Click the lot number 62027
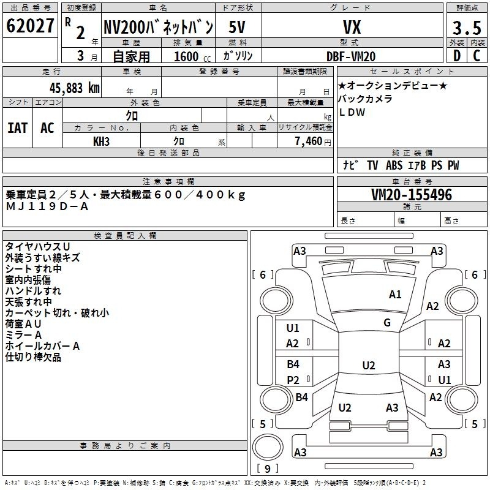click(30, 26)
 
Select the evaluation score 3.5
click(467, 28)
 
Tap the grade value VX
click(352, 27)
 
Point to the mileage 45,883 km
click(75, 88)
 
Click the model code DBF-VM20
click(351, 56)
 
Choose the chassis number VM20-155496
click(412, 195)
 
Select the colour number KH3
click(101, 141)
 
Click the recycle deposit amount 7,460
click(309, 141)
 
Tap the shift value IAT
click(18, 128)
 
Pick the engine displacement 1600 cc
click(192, 56)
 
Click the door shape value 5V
click(237, 27)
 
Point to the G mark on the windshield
click(387, 323)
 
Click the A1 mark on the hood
click(395, 295)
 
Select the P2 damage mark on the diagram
click(293, 380)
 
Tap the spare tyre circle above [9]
click(268, 447)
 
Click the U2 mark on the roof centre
click(369, 365)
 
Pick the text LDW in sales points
click(352, 112)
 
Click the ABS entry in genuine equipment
click(394, 165)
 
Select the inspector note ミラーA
click(23, 335)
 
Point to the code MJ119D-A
click(47, 206)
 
